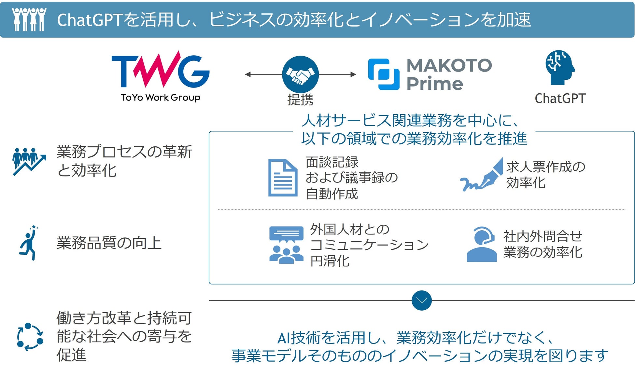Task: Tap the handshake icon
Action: pos(300,74)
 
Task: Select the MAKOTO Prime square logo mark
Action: pos(384,74)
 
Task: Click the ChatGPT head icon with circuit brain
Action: pos(559,67)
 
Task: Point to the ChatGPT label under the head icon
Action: pos(560,98)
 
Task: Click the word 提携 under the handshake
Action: pos(300,100)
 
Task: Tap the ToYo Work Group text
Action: pos(161,97)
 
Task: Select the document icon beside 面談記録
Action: pos(283,178)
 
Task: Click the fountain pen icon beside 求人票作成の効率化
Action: pos(481,175)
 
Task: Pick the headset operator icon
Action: pos(482,244)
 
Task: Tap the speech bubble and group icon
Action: pos(286,245)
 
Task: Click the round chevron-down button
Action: pos(421,300)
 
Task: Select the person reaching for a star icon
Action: pos(29,243)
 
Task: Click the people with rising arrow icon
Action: pos(29,161)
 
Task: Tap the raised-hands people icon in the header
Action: pos(29,19)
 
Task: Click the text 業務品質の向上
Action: pos(109,243)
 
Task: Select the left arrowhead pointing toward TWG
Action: pos(248,74)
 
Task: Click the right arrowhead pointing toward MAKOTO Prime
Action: pos(353,74)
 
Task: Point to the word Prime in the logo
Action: pos(434,84)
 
